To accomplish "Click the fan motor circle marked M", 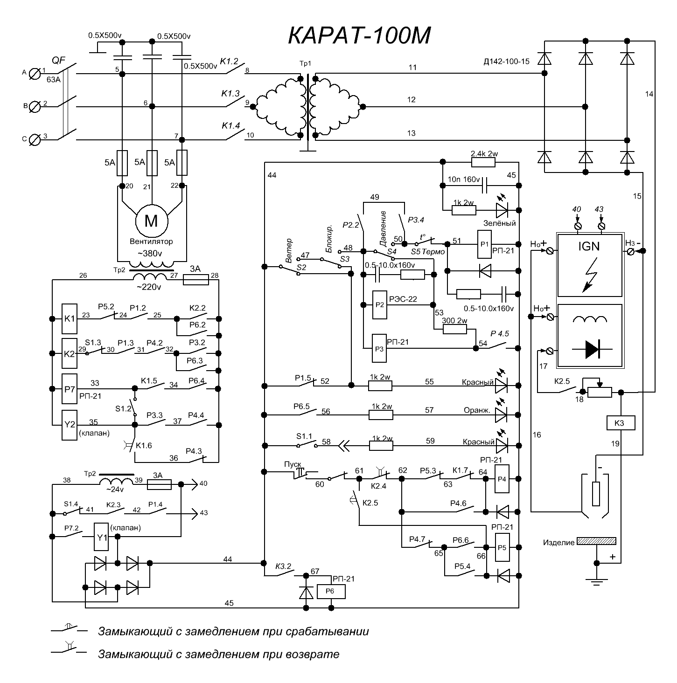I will coord(151,221).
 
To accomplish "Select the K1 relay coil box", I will coord(70,319).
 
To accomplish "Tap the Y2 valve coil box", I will coord(70,425).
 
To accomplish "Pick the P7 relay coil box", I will coord(70,388).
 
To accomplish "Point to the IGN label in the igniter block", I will coord(588,246).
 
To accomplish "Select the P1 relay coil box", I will coord(484,244).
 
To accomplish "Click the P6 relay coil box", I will coord(331,592).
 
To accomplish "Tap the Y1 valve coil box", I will coord(101,537).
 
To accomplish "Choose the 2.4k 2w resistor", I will coord(483,162).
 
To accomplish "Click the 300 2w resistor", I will coord(454,329).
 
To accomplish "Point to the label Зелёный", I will coord(499,223).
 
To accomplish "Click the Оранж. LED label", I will coord(476,411).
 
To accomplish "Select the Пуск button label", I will coord(293,464).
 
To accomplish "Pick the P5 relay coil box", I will coord(502,547).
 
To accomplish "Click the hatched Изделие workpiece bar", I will coord(596,541).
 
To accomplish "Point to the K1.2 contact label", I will coord(229,61).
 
